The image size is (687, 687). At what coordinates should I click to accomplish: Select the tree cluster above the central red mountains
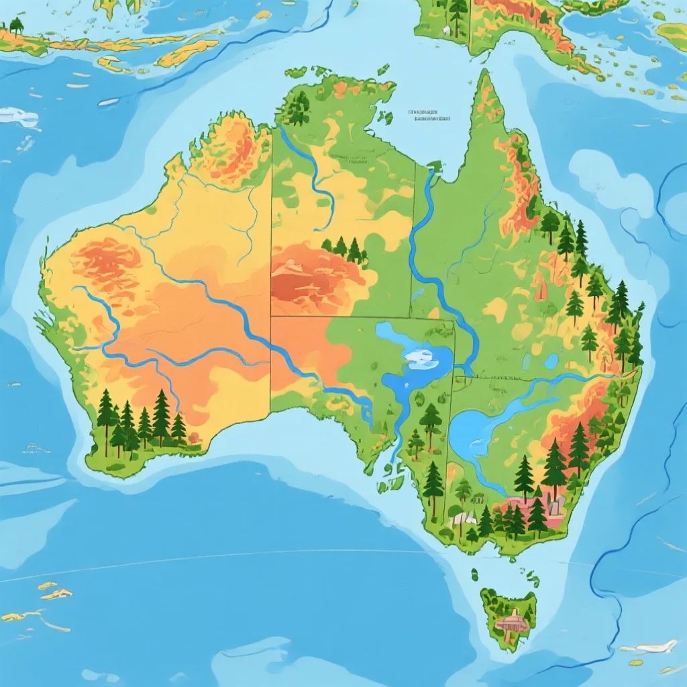click(344, 250)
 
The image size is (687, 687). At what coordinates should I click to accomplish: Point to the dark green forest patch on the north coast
click(297, 107)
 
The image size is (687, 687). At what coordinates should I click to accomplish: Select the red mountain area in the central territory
click(315, 275)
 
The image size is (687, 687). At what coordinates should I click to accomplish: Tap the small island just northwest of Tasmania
click(474, 575)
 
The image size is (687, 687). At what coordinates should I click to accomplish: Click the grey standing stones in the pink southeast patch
click(554, 505)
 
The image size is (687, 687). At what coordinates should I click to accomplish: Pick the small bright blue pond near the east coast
click(551, 362)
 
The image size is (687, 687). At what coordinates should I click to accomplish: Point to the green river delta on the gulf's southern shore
click(433, 166)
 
